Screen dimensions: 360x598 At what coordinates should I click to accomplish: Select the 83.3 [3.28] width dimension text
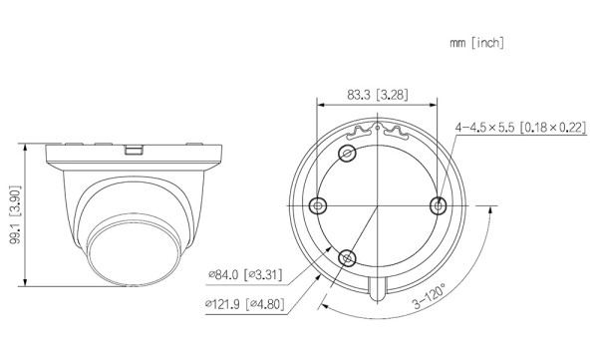click(x=377, y=94)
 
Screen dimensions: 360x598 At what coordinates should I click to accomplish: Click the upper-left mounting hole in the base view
click(x=347, y=153)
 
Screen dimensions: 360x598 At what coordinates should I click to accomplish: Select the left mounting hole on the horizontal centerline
click(x=318, y=204)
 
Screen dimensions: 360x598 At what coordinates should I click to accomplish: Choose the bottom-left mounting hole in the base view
click(x=347, y=256)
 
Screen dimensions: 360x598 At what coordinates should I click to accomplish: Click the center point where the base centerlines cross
click(x=378, y=204)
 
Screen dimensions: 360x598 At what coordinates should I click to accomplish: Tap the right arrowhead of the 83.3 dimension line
click(x=436, y=103)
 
